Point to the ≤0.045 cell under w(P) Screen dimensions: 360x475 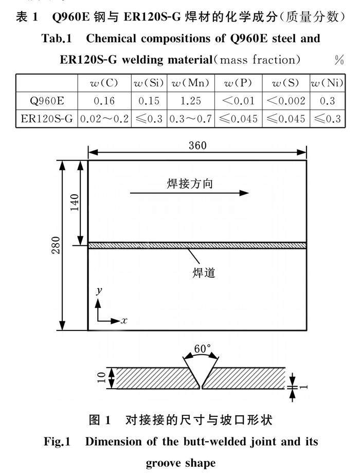[238, 119]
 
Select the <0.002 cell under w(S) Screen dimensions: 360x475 [285, 101]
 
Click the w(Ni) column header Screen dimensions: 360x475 [327, 83]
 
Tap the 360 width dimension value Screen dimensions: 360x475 [197, 145]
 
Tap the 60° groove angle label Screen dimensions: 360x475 [202, 349]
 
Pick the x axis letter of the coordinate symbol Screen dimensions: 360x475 [124, 320]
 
